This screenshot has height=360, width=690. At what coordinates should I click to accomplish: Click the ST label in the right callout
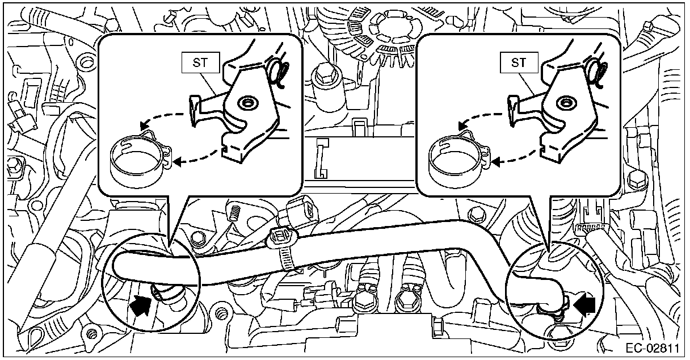(519, 63)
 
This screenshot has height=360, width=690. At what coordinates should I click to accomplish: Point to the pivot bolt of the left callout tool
(247, 103)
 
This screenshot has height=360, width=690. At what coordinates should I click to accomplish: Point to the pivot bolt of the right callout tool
(565, 103)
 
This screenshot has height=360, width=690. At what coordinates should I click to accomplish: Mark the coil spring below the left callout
(234, 214)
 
